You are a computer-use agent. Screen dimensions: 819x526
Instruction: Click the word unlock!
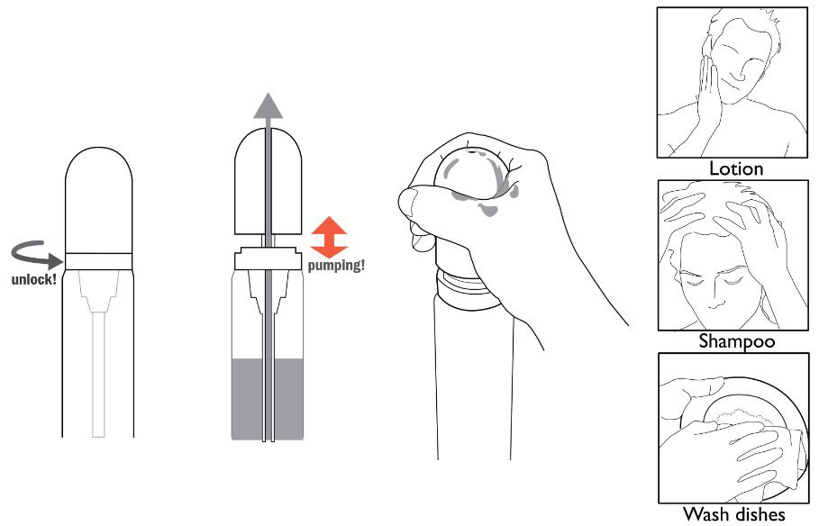pos(34,279)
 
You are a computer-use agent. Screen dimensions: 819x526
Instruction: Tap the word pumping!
pos(336,266)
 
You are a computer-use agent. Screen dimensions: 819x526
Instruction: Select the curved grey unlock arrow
pos(37,254)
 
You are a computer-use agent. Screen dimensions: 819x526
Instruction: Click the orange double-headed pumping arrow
pos(329,238)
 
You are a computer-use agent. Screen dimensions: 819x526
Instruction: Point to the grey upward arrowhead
pos(268,105)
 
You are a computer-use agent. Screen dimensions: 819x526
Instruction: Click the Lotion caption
pos(736,168)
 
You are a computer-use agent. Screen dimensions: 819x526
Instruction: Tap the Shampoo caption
pos(737,341)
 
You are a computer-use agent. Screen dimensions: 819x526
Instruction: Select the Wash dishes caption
pos(734,514)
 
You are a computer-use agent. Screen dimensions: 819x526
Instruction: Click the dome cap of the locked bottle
pos(99,200)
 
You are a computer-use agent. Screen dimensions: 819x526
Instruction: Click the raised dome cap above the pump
pos(268,181)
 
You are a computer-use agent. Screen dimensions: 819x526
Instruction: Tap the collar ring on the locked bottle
pos(99,261)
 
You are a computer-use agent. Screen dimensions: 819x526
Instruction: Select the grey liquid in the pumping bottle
pos(268,398)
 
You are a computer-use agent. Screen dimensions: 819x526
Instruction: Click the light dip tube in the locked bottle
pos(99,374)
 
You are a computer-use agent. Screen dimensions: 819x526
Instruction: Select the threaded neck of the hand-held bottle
pos(461,285)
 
